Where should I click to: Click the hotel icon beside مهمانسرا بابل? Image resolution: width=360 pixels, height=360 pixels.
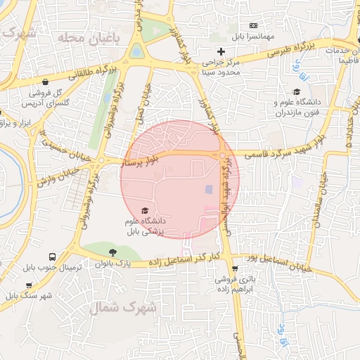tap(254, 25)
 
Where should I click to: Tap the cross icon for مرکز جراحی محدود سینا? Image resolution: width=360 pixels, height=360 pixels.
tap(221, 51)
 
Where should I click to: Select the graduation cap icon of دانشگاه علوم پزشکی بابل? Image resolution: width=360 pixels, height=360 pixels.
tap(146, 210)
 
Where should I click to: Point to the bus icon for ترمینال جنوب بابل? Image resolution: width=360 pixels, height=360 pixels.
tap(53, 257)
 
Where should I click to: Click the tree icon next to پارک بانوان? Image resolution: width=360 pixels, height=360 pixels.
tap(112, 252)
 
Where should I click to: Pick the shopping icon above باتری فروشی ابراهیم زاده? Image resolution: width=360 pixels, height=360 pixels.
tap(234, 269)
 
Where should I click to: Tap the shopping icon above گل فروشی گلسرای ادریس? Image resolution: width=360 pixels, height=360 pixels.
tap(46, 82)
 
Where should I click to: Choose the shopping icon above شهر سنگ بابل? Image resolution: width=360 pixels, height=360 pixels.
tap(29, 285)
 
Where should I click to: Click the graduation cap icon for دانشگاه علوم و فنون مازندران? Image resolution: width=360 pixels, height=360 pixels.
tap(297, 92)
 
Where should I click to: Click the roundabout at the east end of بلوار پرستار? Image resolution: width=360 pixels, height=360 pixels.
tap(221, 155)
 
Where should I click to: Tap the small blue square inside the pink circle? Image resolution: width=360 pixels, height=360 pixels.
tap(208, 189)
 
